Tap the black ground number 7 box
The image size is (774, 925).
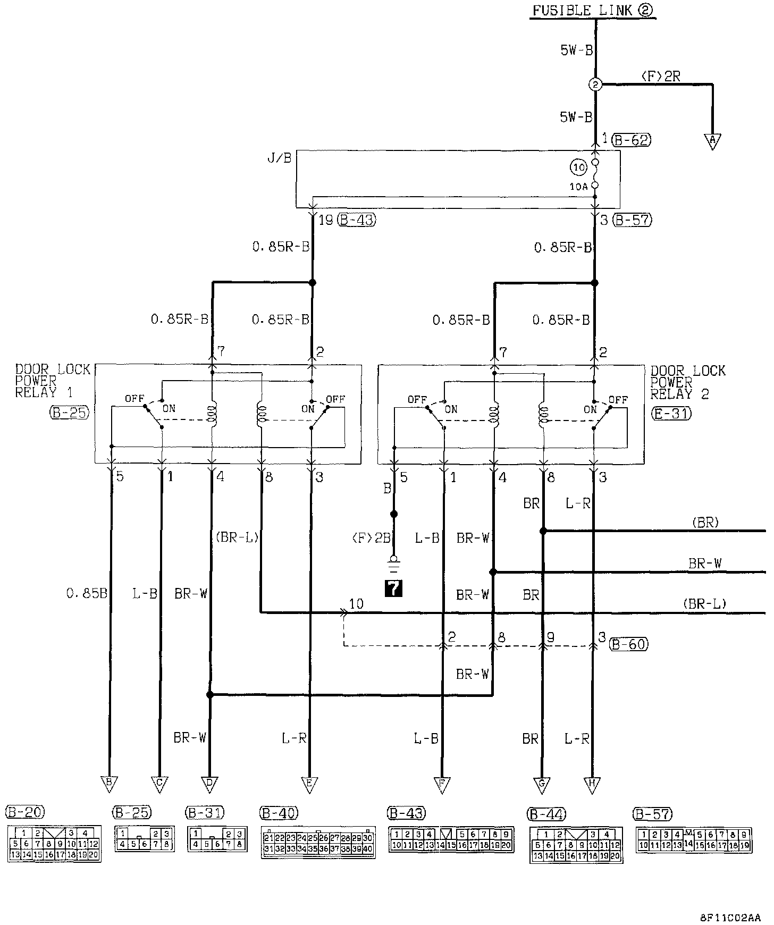[393, 587]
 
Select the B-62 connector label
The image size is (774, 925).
[631, 140]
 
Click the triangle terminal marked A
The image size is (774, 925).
[712, 141]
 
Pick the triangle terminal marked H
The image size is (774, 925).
[592, 784]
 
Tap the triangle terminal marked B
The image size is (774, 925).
[109, 784]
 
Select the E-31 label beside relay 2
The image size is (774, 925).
[671, 413]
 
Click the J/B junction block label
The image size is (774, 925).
[280, 158]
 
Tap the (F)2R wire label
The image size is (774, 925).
[661, 77]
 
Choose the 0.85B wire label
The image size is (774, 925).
[87, 593]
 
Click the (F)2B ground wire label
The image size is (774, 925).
[372, 539]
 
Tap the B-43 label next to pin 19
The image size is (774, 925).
[357, 220]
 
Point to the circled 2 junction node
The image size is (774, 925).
[595, 84]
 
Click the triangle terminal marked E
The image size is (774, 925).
[309, 784]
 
